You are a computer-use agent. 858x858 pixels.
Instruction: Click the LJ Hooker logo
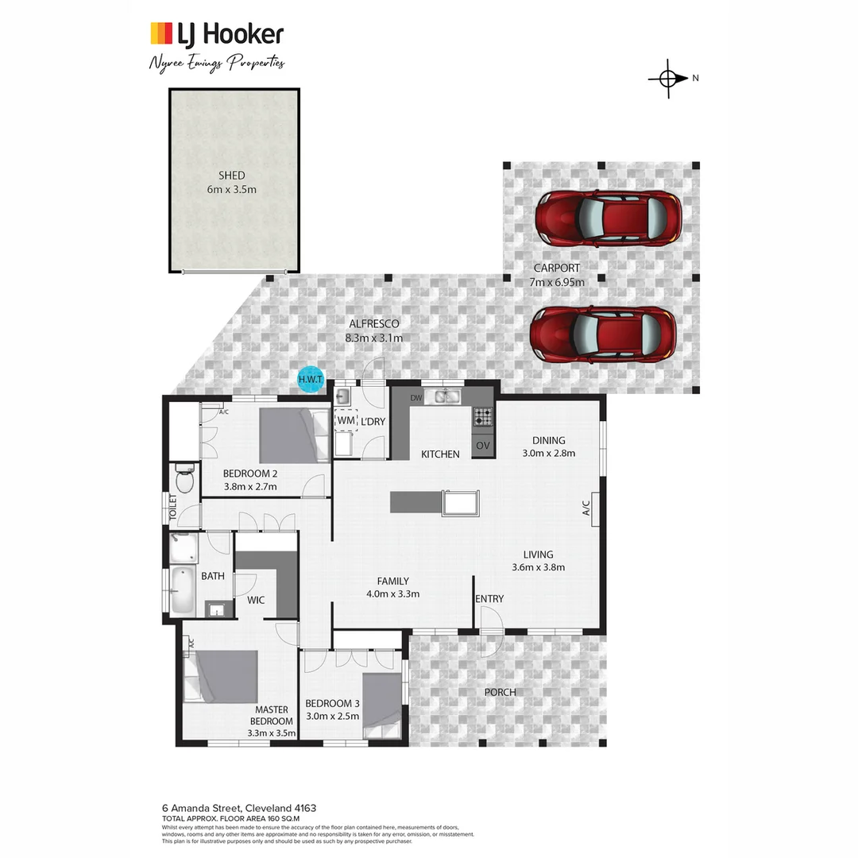[x=216, y=34]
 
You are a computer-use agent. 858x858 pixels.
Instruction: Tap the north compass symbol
[x=668, y=78]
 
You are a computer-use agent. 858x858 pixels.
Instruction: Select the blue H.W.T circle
[x=310, y=380]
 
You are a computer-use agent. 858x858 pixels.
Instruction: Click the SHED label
[x=232, y=176]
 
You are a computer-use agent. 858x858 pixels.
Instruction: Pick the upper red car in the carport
[x=608, y=218]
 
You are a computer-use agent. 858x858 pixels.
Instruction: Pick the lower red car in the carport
[x=603, y=334]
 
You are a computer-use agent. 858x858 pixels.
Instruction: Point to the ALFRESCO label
[x=373, y=323]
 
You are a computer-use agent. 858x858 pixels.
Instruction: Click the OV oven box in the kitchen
[x=483, y=446]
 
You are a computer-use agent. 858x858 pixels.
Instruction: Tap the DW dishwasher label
[x=415, y=397]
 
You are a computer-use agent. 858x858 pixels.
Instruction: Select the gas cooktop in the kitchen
[x=483, y=415]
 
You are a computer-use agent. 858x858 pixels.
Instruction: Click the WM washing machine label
[x=346, y=419]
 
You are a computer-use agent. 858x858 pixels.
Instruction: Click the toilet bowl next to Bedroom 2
[x=184, y=480]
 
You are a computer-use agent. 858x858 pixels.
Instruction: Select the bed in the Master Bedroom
[x=222, y=676]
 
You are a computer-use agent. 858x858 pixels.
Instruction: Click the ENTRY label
[x=489, y=599]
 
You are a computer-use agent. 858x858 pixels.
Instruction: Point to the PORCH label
[x=500, y=692]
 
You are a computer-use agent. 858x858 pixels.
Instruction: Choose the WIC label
[x=256, y=600]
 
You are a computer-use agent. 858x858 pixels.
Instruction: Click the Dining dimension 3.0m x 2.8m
[x=548, y=454]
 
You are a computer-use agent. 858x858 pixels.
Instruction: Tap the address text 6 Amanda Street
[x=203, y=808]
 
